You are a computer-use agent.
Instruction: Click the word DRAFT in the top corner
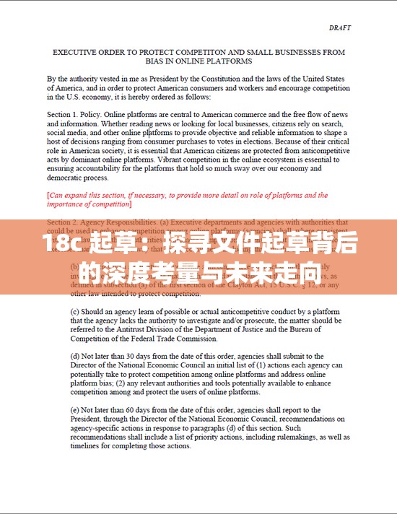pyautogui.click(x=339, y=28)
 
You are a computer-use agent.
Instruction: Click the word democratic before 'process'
pyautogui.click(x=67, y=177)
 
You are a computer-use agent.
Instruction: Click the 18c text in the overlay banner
pyautogui.click(x=61, y=245)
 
